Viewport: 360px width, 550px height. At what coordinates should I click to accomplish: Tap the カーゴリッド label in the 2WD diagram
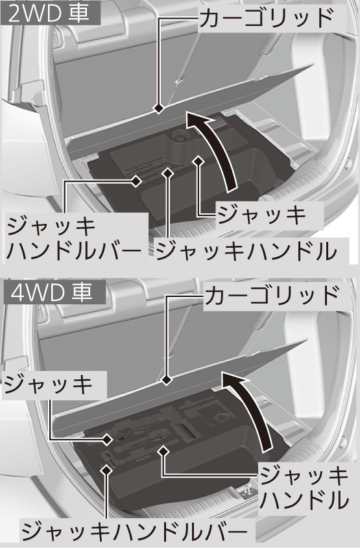(x=265, y=18)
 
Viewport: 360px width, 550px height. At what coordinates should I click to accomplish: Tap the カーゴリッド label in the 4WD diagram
(x=271, y=296)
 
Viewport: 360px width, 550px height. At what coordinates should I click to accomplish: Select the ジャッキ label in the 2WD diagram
(x=261, y=215)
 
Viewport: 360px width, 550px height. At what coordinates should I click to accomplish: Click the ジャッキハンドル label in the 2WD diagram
(x=246, y=250)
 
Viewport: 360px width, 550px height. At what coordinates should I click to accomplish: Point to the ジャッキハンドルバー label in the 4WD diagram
(x=134, y=532)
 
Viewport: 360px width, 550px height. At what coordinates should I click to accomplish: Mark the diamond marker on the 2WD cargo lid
(x=159, y=109)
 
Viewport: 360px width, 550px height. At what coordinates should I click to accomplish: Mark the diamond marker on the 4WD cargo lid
(x=166, y=380)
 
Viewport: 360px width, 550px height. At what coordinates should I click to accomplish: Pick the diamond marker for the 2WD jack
(x=198, y=160)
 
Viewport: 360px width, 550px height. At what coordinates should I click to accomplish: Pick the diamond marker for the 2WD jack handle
(x=168, y=173)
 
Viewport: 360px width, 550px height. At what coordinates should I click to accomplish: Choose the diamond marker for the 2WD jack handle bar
(x=136, y=181)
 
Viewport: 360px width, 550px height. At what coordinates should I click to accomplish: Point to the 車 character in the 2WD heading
(x=78, y=14)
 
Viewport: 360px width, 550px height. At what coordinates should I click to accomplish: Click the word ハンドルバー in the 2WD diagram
(x=74, y=250)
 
